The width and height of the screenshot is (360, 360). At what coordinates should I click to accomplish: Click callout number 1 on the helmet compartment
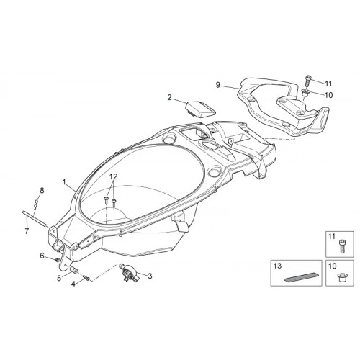pos(64,183)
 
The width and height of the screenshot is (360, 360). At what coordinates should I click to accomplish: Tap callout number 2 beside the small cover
pos(170,98)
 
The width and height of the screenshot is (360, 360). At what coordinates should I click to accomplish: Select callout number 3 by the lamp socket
pos(150,276)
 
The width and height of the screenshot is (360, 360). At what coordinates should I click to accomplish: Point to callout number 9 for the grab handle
pos(217,85)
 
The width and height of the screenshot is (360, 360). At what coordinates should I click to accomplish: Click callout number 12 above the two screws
pos(114,177)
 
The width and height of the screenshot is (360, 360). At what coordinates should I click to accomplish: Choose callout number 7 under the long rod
pos(27,231)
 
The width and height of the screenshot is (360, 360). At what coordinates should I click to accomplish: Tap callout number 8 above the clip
pos(42,191)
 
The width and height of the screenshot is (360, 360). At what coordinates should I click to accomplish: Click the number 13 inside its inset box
pos(277,266)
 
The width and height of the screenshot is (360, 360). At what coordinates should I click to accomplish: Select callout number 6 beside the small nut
pos(42,256)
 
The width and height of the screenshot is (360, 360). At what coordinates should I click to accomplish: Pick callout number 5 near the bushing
pos(59,278)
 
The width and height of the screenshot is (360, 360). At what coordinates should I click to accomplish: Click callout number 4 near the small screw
pos(73,284)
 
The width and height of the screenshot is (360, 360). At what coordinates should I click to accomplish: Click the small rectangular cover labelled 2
pos(201,108)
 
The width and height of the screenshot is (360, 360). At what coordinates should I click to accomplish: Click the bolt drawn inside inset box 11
pos(341,246)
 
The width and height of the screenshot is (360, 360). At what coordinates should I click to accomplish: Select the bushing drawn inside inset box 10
pos(341,278)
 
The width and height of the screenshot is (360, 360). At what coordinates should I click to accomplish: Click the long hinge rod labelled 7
pos(34,218)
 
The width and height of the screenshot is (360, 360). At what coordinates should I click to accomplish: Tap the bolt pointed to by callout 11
pos(308,81)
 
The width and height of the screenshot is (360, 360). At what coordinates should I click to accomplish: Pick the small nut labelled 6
pos(57,259)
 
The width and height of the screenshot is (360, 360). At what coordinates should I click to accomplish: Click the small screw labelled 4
pos(86,278)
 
